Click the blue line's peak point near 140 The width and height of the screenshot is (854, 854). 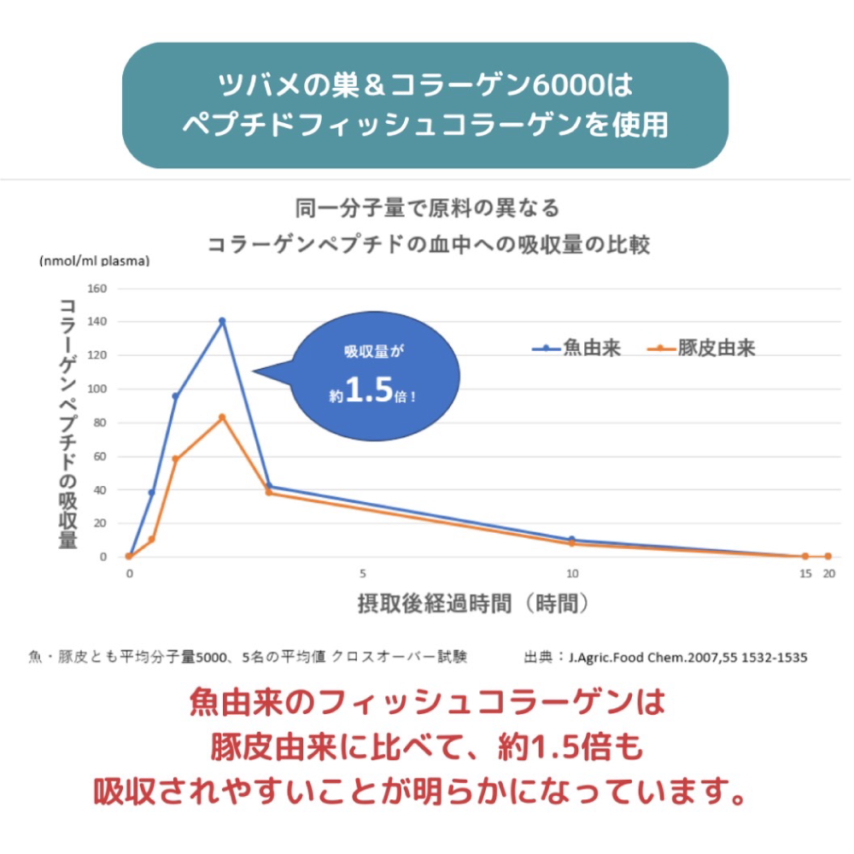point(222,321)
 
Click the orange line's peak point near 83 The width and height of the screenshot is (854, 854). point(222,417)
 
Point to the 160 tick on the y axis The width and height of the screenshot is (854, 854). point(97,289)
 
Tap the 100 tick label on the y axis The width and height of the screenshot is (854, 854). point(97,389)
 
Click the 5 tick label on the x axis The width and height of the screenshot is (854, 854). point(363,573)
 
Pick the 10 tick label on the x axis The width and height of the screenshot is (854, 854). point(571,573)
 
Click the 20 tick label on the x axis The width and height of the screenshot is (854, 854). point(828,573)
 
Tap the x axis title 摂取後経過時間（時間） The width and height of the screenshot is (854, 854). point(474,604)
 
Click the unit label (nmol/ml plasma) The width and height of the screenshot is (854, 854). point(94,261)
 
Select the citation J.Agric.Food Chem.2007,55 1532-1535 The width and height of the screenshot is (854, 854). point(688,658)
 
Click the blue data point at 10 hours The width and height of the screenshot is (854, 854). point(571,540)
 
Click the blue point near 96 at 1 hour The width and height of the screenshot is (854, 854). point(175,396)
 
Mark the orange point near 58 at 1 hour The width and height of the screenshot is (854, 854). point(175,459)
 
